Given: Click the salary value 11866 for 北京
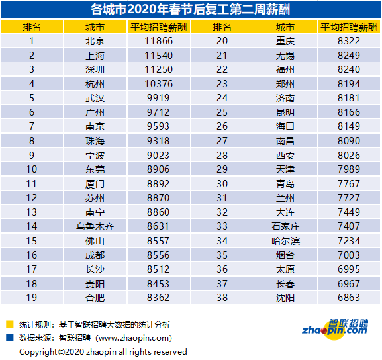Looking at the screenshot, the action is coord(159,41).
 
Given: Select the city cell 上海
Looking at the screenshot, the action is coord(95,56).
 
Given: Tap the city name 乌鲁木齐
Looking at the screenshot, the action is coord(95,226).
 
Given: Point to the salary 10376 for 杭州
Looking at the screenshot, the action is coord(159,84).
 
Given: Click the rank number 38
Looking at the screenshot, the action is coord(222,298).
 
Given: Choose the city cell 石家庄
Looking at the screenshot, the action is coord(285,226).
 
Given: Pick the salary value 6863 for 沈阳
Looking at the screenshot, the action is coord(349,298).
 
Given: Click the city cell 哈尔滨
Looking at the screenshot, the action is coord(285,241).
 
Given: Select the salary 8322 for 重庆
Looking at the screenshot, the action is coord(349,41).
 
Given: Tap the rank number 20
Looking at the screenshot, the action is coord(222,41).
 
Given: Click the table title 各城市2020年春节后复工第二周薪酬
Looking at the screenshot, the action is coord(191,9).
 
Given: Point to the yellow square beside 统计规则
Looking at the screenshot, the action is coord(10,324).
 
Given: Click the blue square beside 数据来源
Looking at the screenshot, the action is coord(10,337).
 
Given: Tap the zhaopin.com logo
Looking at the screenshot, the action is coord(335,328).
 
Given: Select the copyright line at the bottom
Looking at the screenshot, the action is coord(103,352).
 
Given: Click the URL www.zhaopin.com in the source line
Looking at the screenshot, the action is coord(134,338).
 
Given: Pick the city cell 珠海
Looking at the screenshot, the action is coord(95,141).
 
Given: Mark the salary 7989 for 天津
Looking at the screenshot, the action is coord(349,169).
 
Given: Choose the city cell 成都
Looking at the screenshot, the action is coord(95,255).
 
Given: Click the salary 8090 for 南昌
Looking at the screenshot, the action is coord(349,141).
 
